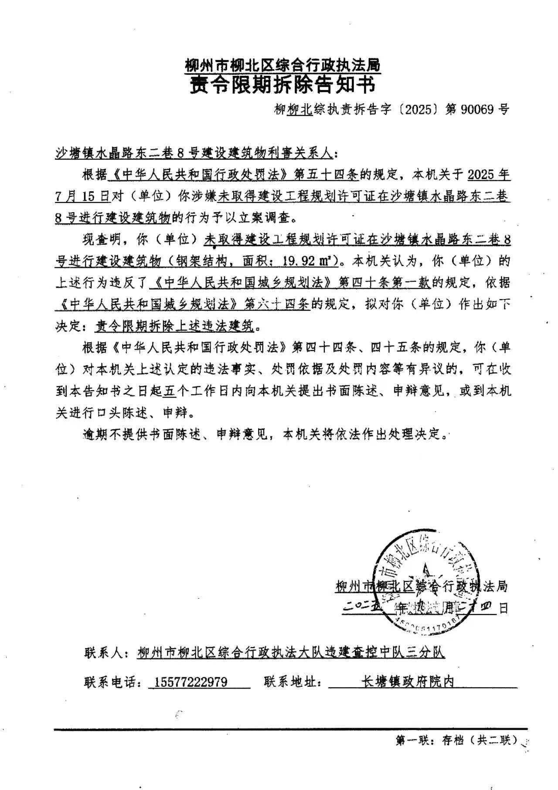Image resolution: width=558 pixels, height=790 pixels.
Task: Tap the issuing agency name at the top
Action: (282, 66)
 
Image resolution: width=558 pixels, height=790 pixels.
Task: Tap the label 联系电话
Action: (112, 682)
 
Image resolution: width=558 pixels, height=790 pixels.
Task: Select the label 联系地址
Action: (292, 682)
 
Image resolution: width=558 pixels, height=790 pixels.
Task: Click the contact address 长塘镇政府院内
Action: (408, 681)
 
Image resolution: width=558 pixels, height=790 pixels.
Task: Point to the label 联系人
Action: (105, 653)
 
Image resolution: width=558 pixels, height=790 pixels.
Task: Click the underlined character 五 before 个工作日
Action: (170, 391)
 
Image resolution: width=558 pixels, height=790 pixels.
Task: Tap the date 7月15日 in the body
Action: (82, 197)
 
